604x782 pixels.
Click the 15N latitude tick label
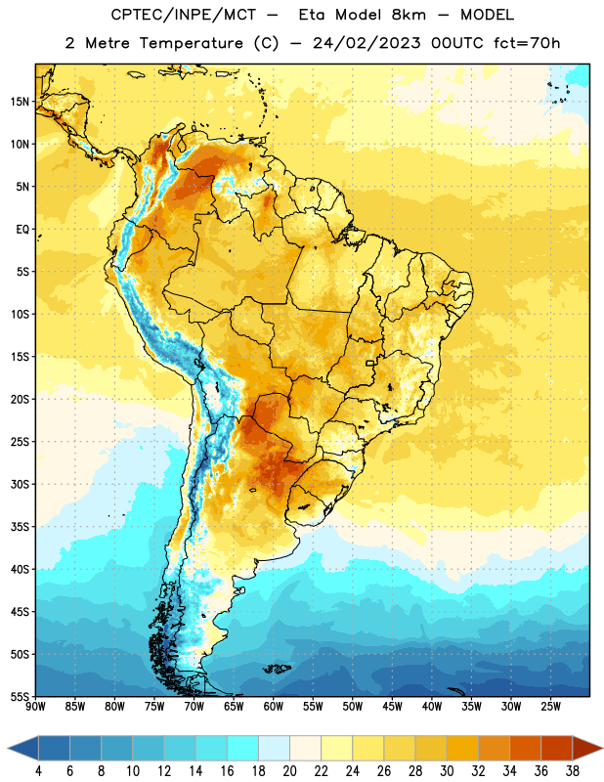20,102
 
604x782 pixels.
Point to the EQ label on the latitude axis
22,230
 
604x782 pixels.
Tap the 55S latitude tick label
20,696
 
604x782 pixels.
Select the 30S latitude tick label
20,484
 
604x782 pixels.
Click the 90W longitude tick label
35,706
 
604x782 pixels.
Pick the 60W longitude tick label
274,706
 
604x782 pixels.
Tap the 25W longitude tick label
550,706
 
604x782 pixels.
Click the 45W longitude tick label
392,706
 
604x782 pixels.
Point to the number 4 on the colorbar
38,771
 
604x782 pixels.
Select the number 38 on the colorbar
572,771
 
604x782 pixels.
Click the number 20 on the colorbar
289,771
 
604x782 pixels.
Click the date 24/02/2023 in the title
367,43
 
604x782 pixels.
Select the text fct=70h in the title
527,43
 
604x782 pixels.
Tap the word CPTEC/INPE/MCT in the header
184,15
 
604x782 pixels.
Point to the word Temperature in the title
191,44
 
